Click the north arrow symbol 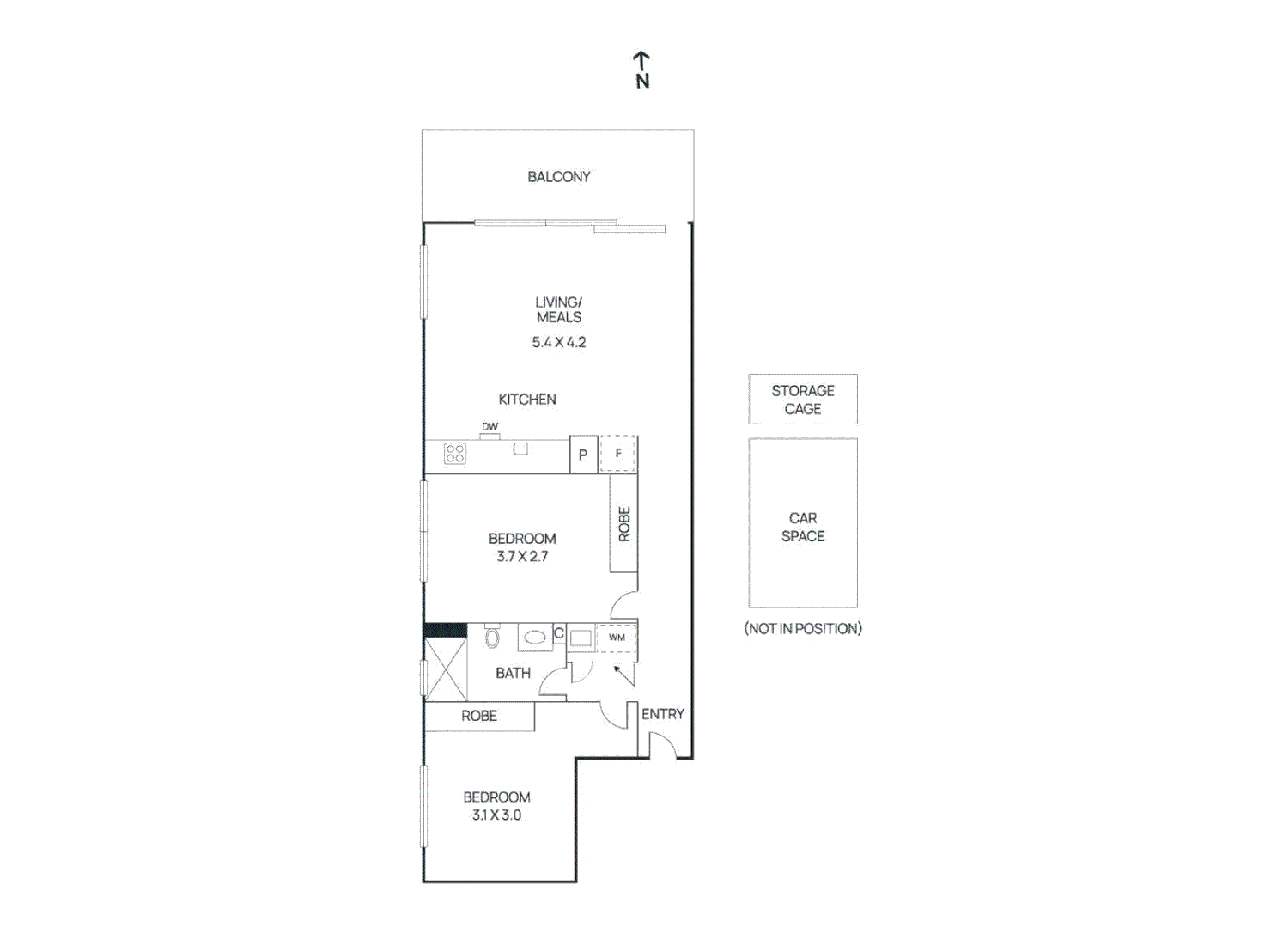point(641,70)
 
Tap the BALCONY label point(558,177)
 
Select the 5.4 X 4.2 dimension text point(558,342)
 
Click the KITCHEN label point(526,400)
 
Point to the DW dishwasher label point(489,427)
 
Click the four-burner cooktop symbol point(455,454)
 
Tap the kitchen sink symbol point(520,449)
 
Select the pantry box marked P point(583,455)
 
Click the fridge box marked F point(618,454)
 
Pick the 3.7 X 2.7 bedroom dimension point(522,557)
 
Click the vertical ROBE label point(624,524)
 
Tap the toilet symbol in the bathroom point(492,637)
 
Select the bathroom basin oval point(535,638)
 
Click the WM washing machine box point(617,638)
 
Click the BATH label point(513,674)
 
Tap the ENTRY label point(663,714)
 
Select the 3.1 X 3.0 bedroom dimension point(496,815)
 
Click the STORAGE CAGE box point(802,400)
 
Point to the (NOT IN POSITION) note point(802,629)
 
